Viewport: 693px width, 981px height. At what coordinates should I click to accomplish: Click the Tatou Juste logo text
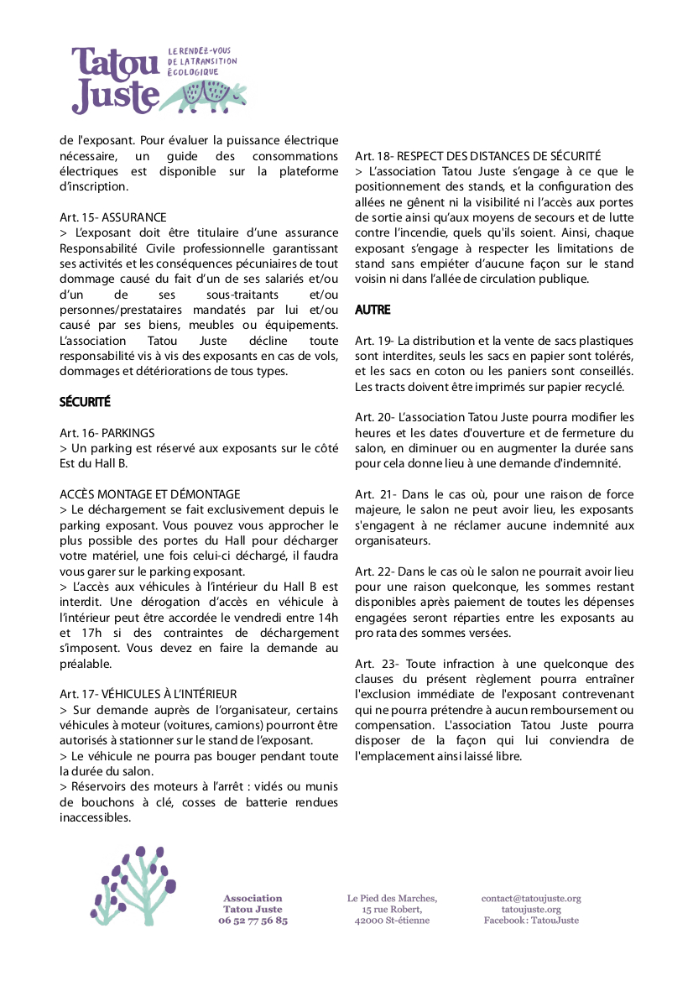116,80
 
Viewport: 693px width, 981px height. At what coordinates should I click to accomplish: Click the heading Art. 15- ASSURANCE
113,217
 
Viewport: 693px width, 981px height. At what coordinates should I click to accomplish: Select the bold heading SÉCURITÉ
85,402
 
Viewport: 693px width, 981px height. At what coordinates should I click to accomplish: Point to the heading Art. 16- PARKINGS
107,433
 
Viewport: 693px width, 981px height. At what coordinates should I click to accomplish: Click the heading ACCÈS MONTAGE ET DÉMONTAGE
150,494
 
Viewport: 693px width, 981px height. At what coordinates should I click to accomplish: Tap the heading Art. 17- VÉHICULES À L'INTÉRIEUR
148,694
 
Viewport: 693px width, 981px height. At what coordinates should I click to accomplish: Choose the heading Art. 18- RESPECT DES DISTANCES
477,156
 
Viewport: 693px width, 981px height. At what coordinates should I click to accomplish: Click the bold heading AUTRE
373,310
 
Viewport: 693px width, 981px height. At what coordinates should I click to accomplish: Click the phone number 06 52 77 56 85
253,921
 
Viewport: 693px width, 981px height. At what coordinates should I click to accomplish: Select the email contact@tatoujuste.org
531,899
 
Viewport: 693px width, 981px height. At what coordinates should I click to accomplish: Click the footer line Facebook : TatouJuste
531,921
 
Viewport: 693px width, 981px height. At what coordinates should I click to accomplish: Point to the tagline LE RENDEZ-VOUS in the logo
200,52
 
